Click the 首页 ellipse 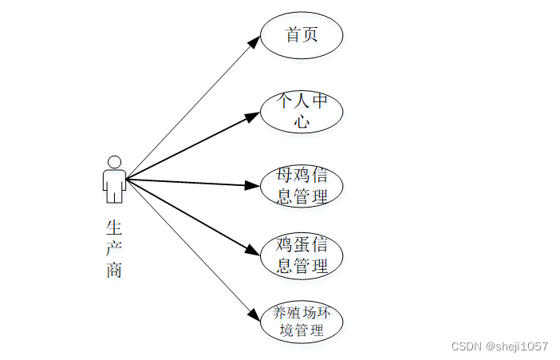coord(302,36)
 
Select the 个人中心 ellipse coord(302,112)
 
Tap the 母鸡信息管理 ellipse coord(302,186)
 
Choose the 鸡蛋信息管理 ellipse coord(302,255)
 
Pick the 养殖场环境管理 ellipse coord(302,320)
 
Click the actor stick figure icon coord(114,180)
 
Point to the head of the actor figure coord(114,162)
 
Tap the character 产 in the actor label coord(113,249)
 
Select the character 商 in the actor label coord(113,269)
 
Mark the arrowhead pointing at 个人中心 coord(253,118)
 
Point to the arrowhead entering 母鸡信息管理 coord(254,186)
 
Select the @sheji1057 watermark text coord(518,346)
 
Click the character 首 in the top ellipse coord(293,35)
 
